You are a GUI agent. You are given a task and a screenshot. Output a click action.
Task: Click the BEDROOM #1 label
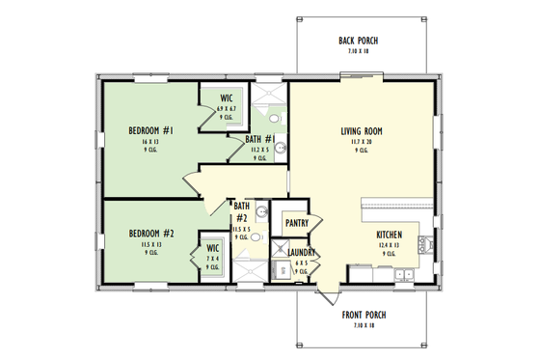coord(150,130)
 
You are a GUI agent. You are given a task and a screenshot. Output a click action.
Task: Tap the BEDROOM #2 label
coord(150,233)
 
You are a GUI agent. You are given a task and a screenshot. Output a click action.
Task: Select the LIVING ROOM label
coord(363,130)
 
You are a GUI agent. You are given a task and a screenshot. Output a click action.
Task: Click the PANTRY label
coord(296,223)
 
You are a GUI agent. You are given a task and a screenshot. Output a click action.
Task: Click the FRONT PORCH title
coord(363,316)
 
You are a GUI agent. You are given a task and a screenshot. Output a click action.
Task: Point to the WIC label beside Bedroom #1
coord(227,97)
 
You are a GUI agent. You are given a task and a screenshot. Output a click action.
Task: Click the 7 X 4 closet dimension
coord(213,259)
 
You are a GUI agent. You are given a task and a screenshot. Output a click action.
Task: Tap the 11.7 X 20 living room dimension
coord(363,141)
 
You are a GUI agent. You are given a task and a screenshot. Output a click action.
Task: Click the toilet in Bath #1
coord(274,121)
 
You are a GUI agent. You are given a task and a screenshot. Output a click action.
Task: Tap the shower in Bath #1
coord(271,94)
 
